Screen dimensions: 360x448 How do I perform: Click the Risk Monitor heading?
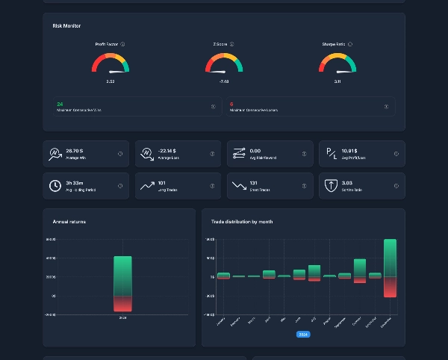[66, 26]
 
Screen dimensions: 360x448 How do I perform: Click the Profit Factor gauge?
[110, 64]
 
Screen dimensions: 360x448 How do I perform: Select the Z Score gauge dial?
[223, 64]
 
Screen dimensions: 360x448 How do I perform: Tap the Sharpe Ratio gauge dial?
[337, 64]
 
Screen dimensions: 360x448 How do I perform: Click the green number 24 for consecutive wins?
[60, 104]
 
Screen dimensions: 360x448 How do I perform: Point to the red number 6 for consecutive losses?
[231, 104]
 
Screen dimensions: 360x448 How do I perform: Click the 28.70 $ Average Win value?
[74, 150]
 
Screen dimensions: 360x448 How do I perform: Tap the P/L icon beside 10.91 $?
[331, 154]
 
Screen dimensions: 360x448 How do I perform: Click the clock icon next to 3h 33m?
[55, 186]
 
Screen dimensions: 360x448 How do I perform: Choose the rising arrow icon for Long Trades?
[147, 186]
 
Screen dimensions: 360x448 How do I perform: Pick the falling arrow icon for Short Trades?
[239, 186]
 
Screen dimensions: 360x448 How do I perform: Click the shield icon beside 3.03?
[331, 186]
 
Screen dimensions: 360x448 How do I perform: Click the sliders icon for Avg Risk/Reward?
[239, 154]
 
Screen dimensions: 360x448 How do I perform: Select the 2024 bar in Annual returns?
[122, 284]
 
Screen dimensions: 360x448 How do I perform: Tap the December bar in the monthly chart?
[390, 267]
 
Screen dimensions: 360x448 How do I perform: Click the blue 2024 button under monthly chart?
[303, 334]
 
